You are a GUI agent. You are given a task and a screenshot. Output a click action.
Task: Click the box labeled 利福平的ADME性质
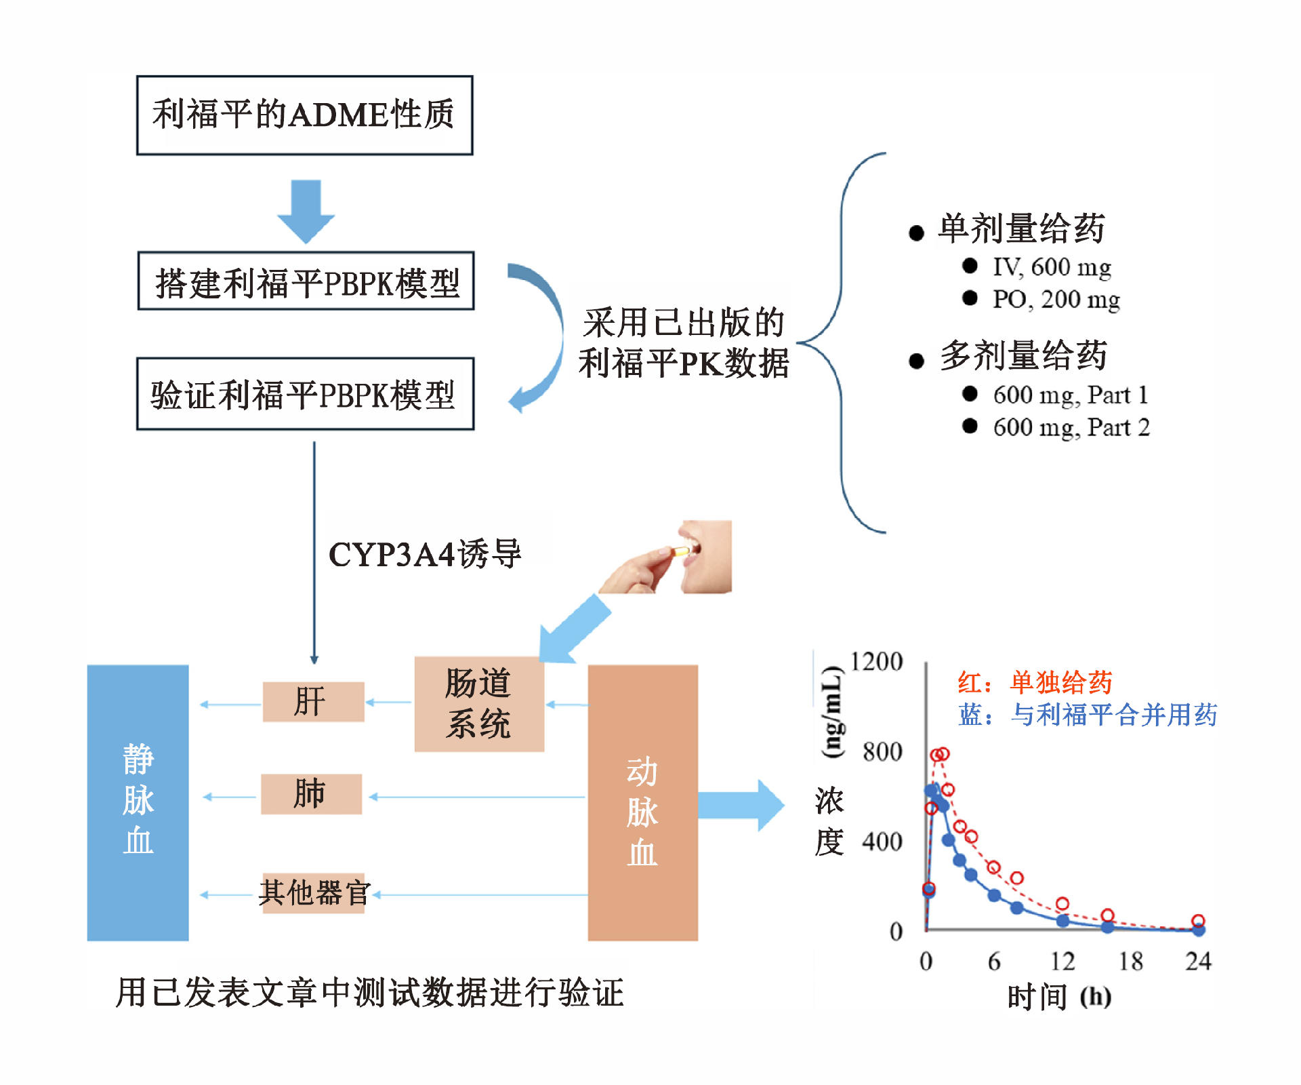pyautogui.click(x=304, y=115)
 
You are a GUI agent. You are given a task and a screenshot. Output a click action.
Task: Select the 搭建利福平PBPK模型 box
pyautogui.click(x=306, y=281)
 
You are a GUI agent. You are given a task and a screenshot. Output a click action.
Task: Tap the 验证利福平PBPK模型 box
pyautogui.click(x=305, y=394)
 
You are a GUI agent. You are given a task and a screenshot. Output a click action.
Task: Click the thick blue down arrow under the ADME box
pyautogui.click(x=306, y=211)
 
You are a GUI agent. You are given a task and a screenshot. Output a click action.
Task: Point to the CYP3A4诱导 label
pyautogui.click(x=425, y=554)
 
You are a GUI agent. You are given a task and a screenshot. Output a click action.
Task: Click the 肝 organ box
pyautogui.click(x=313, y=702)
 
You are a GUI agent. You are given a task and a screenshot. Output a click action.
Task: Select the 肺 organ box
pyautogui.click(x=311, y=794)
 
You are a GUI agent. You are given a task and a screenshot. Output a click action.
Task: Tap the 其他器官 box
pyautogui.click(x=314, y=893)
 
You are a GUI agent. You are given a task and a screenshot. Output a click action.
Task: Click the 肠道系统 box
pyautogui.click(x=479, y=704)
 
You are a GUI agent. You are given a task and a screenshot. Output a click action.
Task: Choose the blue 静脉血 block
pyautogui.click(x=138, y=802)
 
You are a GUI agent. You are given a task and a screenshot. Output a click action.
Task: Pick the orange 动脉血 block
pyautogui.click(x=642, y=802)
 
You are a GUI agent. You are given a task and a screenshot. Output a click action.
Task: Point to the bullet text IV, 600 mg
pyautogui.click(x=1052, y=267)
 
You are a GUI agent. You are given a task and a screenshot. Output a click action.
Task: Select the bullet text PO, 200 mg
pyautogui.click(x=1056, y=299)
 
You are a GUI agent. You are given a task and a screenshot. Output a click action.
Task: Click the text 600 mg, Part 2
pyautogui.click(x=1071, y=427)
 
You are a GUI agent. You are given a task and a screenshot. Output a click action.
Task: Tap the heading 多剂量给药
pyautogui.click(x=1023, y=356)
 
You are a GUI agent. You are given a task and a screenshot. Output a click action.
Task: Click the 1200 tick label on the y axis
pyautogui.click(x=876, y=661)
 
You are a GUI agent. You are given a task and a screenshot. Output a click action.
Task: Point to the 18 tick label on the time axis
pyautogui.click(x=1130, y=961)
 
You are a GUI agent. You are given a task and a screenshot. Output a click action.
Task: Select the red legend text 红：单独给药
pyautogui.click(x=1035, y=683)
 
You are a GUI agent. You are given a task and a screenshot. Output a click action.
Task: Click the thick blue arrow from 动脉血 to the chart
pyautogui.click(x=741, y=805)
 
